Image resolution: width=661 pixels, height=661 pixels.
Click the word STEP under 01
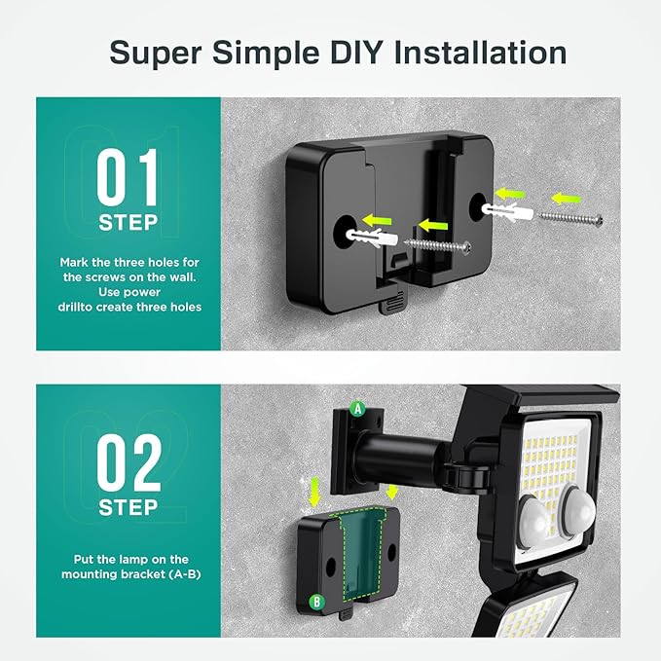128,222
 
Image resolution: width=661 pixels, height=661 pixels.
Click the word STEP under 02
128,507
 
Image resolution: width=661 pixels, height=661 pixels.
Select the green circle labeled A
357,410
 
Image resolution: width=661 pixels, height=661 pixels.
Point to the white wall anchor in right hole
508,209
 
